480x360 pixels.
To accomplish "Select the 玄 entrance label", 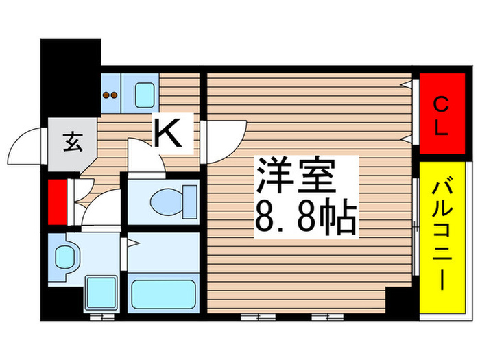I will pos(71,144).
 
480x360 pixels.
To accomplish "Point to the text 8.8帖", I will pos(306,218).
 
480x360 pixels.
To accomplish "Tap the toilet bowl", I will pos(165,202).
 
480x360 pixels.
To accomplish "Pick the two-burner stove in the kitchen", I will pos(111,94).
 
